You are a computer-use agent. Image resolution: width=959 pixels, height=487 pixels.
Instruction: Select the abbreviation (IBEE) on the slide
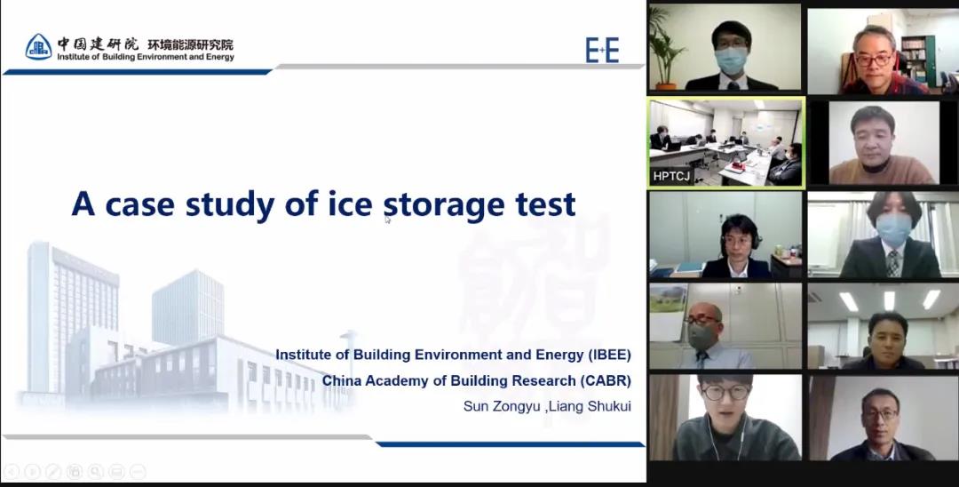[x=608, y=355]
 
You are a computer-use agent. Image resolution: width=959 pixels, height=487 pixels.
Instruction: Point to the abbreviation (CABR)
[x=606, y=380]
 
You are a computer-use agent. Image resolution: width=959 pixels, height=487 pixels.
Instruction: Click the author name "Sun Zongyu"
[x=502, y=406]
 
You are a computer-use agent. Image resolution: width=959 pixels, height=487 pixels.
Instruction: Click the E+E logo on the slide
[x=602, y=50]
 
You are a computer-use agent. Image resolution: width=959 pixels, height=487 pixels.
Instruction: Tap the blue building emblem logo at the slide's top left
[x=38, y=47]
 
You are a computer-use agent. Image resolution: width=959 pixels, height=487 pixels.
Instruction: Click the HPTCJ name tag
[x=671, y=176]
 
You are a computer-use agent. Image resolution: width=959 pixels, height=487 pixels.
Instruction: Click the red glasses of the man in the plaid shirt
[x=874, y=60]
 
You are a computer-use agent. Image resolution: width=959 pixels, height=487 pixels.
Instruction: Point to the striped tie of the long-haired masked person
[x=893, y=263]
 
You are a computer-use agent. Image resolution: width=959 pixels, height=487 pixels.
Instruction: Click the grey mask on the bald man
[x=701, y=336]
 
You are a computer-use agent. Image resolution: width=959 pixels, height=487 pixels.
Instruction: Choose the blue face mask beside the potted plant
[x=730, y=60]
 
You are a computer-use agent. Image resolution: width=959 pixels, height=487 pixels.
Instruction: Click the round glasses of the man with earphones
[x=725, y=393]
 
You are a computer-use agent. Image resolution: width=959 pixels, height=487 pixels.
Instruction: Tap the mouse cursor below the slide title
[x=388, y=220]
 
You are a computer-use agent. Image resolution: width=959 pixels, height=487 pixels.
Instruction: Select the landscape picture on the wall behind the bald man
[x=668, y=299]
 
